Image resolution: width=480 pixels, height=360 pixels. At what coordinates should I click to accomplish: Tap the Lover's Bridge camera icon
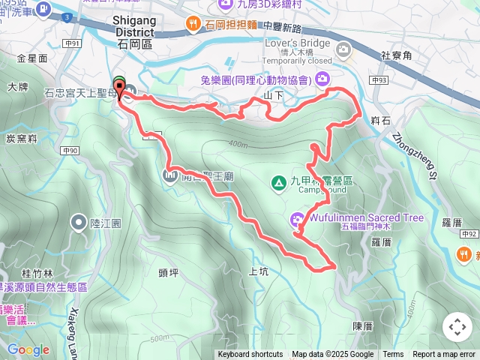click(344, 50)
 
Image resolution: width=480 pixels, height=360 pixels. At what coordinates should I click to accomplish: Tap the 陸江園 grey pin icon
click(79, 222)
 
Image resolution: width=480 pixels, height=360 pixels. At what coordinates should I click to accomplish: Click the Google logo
click(28, 349)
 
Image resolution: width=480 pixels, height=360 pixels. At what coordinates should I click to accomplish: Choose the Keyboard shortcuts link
click(250, 355)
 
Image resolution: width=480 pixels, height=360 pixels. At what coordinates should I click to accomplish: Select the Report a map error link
click(445, 355)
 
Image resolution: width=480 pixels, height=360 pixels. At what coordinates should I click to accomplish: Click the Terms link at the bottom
click(393, 355)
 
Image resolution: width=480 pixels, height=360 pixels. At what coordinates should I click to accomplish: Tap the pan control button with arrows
click(457, 327)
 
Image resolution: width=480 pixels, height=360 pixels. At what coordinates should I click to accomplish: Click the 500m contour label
click(160, 338)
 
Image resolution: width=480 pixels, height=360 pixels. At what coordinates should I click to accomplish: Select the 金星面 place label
click(32, 58)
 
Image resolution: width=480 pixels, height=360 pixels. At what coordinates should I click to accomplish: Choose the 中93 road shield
click(377, 79)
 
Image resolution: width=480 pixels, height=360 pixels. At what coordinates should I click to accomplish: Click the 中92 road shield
click(469, 234)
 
